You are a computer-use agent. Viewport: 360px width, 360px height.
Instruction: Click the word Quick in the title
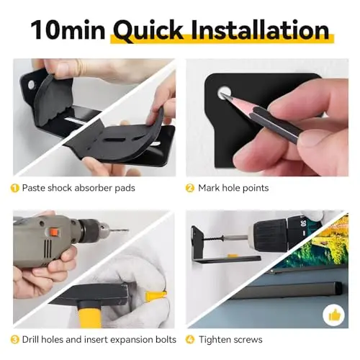[148, 30]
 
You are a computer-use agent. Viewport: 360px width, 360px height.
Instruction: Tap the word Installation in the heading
[260, 30]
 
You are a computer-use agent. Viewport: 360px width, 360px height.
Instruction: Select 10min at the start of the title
[68, 30]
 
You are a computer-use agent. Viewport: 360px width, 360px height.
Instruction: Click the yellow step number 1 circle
[15, 188]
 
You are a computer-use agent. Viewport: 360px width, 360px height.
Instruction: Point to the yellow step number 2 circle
[190, 188]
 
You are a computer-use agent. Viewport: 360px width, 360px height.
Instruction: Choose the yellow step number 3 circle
[15, 340]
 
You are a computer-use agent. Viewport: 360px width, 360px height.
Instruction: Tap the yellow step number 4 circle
[190, 340]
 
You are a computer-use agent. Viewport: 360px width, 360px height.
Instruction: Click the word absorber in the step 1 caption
[94, 188]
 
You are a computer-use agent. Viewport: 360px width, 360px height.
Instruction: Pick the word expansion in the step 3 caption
[134, 341]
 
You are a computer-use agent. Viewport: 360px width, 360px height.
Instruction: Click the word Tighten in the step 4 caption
[214, 341]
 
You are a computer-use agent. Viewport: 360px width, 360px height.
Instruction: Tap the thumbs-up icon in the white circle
[335, 315]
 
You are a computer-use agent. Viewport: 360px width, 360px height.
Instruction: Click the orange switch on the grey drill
[54, 233]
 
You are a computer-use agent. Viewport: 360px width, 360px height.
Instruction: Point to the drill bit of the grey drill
[118, 230]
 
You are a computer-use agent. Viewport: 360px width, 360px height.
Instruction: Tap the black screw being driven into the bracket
[213, 238]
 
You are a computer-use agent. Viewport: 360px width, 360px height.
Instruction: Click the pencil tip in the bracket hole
[223, 96]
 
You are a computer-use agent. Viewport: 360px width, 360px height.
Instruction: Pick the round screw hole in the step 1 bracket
[31, 85]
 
